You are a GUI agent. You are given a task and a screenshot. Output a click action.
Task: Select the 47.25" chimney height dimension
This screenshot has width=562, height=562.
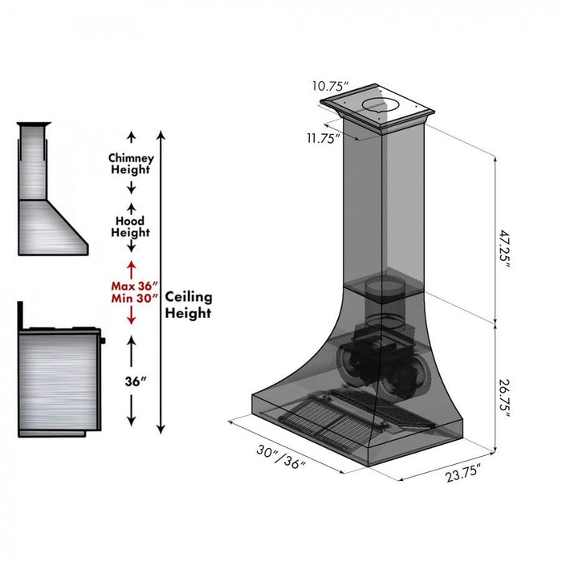tap(504, 250)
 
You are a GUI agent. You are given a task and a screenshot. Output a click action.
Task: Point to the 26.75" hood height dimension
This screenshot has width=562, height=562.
tap(503, 395)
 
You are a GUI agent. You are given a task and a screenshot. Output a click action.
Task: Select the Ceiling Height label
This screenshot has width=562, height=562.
tap(188, 305)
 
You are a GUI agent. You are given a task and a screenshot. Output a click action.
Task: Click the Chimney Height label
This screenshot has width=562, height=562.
tap(130, 164)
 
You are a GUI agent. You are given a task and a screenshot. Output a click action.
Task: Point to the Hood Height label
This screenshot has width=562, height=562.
tap(130, 226)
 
